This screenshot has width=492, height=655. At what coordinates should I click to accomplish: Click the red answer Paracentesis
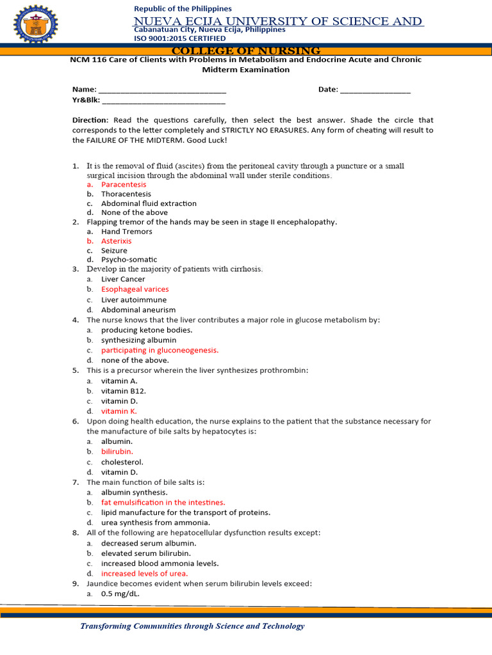(x=124, y=184)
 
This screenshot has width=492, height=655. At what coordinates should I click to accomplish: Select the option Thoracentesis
(x=126, y=194)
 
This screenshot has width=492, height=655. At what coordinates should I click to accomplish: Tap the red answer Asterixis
(x=116, y=241)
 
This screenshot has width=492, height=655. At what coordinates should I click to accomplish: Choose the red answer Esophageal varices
(x=135, y=289)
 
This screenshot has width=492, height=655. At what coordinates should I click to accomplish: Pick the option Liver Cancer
(x=123, y=279)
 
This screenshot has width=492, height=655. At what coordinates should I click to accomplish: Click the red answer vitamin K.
(x=119, y=411)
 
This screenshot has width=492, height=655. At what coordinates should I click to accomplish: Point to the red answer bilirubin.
(x=117, y=452)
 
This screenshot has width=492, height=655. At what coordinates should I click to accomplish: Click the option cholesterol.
(x=122, y=462)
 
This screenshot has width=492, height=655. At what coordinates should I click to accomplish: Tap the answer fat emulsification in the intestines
(x=163, y=503)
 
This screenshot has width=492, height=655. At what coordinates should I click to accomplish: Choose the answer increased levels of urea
(x=144, y=574)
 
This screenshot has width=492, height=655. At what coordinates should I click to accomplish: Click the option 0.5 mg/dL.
(x=120, y=594)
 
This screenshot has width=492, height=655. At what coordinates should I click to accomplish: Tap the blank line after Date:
(x=375, y=90)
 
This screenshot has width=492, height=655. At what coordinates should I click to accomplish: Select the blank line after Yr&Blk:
(x=163, y=100)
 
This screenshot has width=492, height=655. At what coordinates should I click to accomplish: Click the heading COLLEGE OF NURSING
(x=246, y=51)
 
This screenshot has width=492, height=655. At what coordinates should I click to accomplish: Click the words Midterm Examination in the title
(x=246, y=70)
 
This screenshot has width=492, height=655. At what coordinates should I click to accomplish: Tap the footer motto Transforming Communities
(x=192, y=626)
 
